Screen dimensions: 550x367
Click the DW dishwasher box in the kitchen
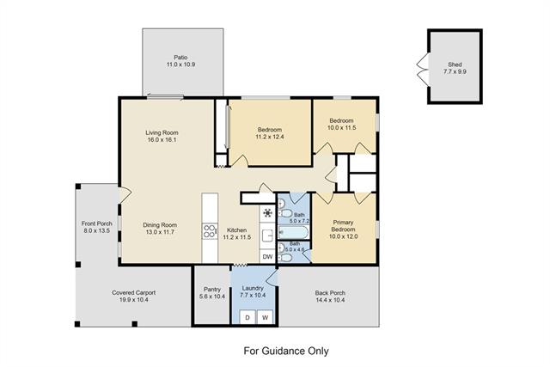click(x=267, y=256)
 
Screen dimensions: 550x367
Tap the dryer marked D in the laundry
click(x=247, y=317)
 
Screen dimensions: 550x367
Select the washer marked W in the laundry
click(x=266, y=317)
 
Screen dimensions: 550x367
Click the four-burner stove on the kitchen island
click(x=210, y=231)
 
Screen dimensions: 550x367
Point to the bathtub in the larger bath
click(x=294, y=232)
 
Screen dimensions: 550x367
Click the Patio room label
click(x=180, y=58)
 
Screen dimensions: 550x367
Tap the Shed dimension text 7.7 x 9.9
click(x=455, y=71)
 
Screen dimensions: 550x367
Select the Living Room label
click(x=162, y=132)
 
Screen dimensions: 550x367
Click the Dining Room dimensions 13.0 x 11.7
click(x=160, y=232)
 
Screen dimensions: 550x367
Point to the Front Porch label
click(x=97, y=223)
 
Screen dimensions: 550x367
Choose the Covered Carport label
click(x=134, y=292)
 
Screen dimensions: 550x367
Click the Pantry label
click(x=212, y=290)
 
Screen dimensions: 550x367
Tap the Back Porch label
click(x=330, y=292)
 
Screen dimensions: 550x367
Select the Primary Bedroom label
click(x=343, y=225)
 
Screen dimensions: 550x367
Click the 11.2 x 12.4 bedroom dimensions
click(x=270, y=137)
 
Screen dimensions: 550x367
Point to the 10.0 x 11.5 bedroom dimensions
click(x=342, y=128)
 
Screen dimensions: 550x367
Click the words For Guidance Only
click(x=286, y=351)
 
